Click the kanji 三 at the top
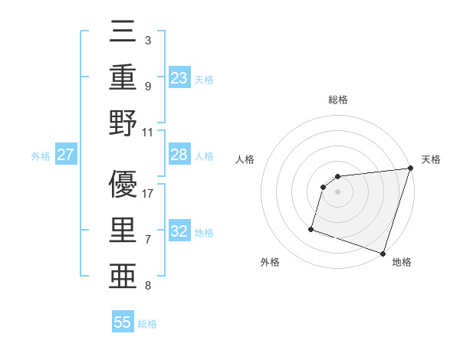coord(123,34)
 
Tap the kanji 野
coord(123,124)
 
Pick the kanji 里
coord(123,229)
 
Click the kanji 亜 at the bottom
coord(123,273)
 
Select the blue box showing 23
coord(179,78)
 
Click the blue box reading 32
coord(179,231)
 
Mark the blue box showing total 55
coord(123,322)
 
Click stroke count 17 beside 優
coord(148,193)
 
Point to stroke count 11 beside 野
coord(148,132)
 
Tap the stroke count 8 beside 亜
coord(147,286)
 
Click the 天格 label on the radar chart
coord(431,159)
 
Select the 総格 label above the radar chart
coord(338,100)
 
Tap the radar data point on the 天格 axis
coord(410,169)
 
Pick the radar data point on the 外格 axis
coord(311,228)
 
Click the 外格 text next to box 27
coord(41,156)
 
